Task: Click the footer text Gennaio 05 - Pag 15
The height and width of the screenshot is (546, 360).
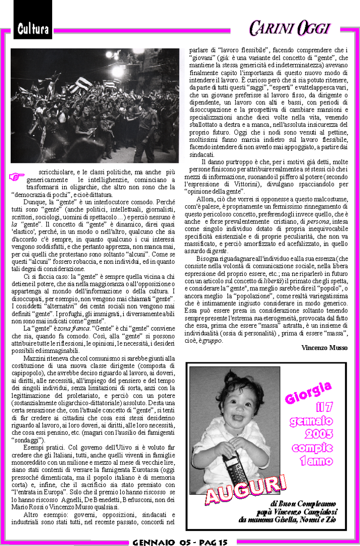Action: coord(180,542)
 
